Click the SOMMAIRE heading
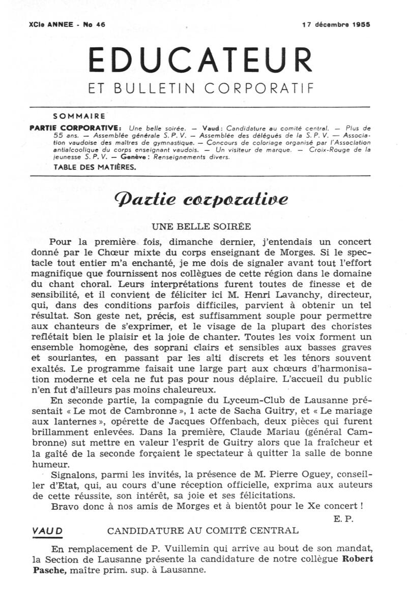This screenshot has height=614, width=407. (x=79, y=116)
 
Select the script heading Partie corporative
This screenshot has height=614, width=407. (x=201, y=199)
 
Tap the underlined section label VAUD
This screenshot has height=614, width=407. (x=47, y=531)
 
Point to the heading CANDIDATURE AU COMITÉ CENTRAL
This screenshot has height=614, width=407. (x=203, y=531)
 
